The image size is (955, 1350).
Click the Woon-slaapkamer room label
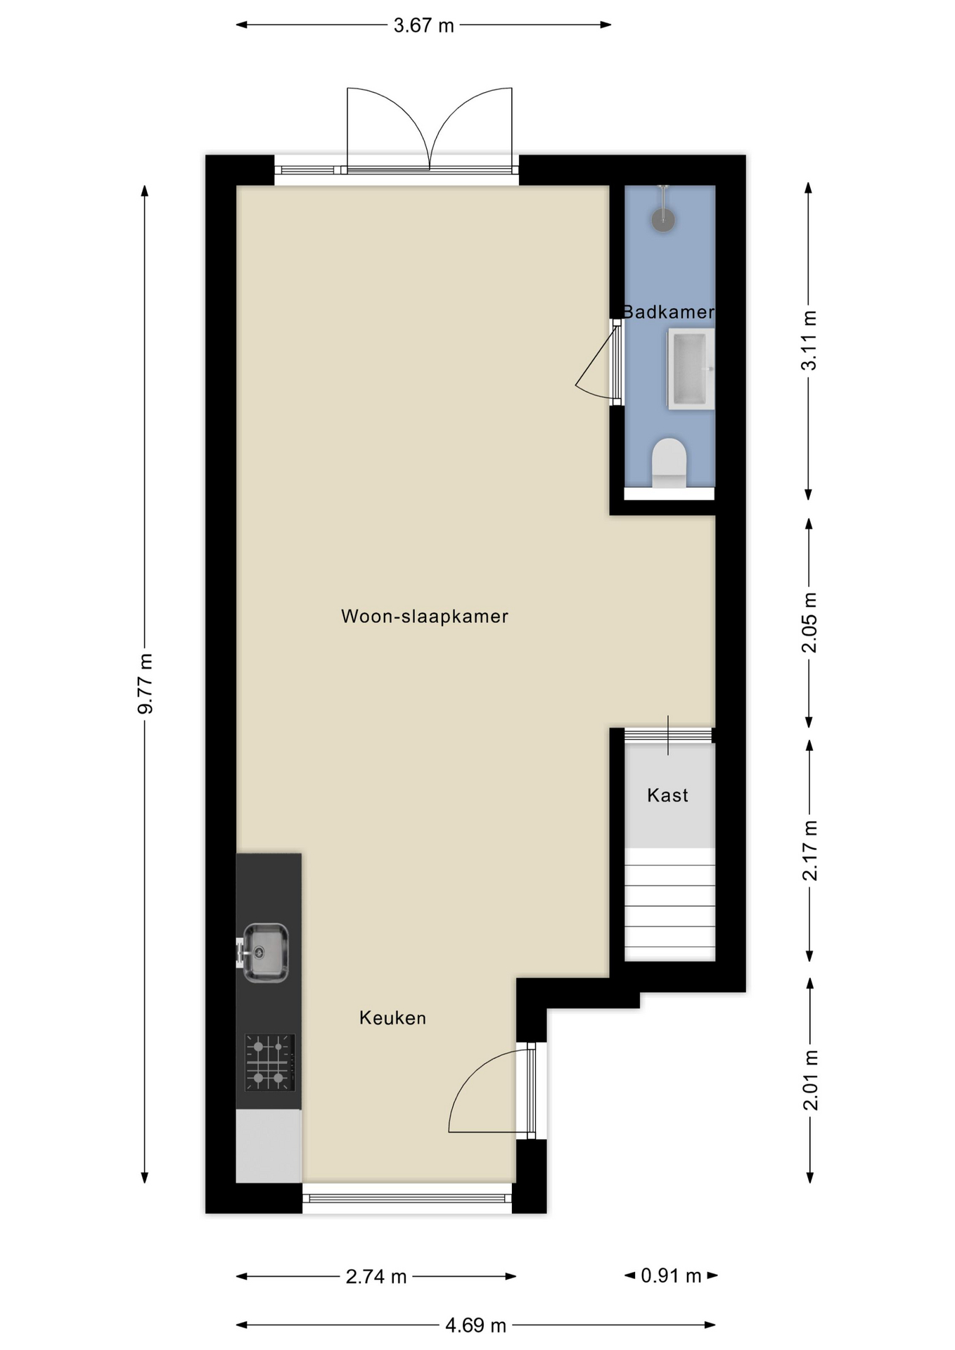pyautogui.click(x=424, y=616)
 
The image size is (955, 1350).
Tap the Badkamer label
pyautogui.click(x=668, y=311)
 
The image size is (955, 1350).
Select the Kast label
pyautogui.click(x=667, y=795)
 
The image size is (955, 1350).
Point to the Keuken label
pyautogui.click(x=392, y=1017)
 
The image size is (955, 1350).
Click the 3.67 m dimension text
pyautogui.click(x=423, y=25)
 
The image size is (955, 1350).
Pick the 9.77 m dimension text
pyautogui.click(x=145, y=683)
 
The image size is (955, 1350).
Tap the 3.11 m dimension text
pyautogui.click(x=809, y=340)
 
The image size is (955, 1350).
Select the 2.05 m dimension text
pyautogui.click(x=809, y=622)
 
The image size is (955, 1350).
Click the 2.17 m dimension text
pyautogui.click(x=810, y=850)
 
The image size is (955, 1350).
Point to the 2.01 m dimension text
pyautogui.click(x=811, y=1080)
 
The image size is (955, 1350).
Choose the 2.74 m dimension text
pyautogui.click(x=376, y=1276)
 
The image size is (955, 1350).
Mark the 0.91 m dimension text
pyautogui.click(x=671, y=1275)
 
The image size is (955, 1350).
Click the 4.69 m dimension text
pyautogui.click(x=475, y=1325)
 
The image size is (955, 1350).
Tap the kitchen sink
pyautogui.click(x=264, y=953)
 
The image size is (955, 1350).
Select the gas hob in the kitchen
pyautogui.click(x=270, y=1062)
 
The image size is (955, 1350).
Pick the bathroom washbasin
pyautogui.click(x=691, y=369)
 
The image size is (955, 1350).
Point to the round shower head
pyautogui.click(x=663, y=220)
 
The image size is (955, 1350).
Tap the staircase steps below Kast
pyautogui.click(x=670, y=904)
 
